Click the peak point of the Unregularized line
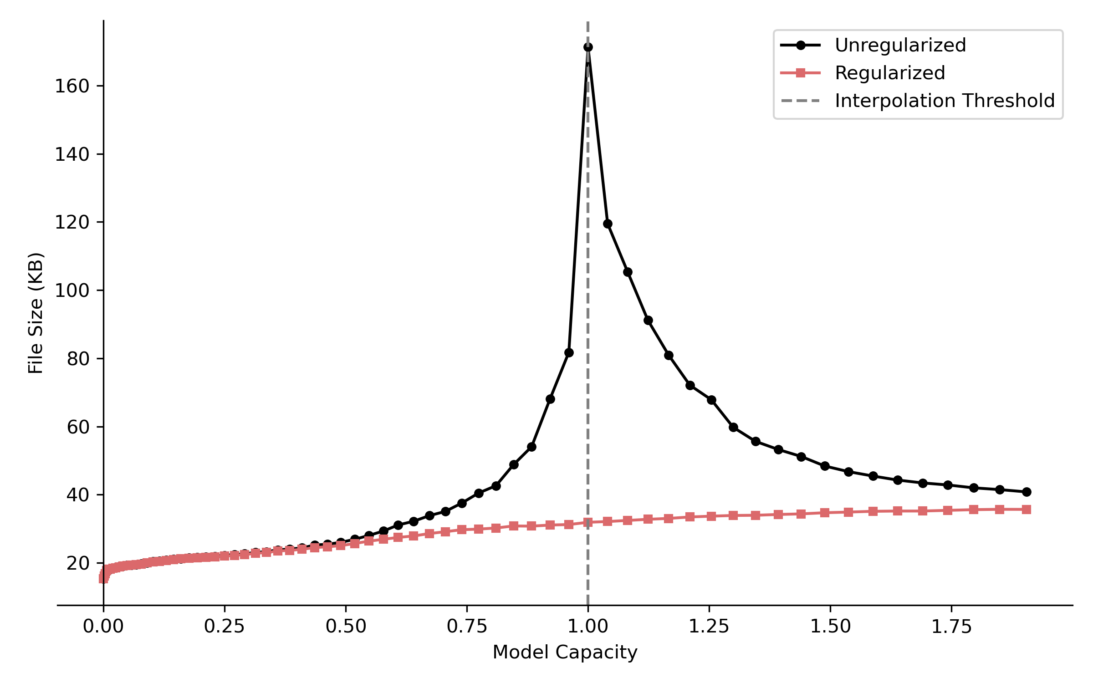click(588, 47)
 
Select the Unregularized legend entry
click(900, 45)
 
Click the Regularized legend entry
click(889, 73)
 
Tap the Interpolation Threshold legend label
click(944, 101)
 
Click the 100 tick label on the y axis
click(72, 291)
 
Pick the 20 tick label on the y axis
click(78, 563)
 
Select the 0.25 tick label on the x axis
click(224, 627)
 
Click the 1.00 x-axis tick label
click(587, 627)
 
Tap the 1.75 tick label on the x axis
click(951, 627)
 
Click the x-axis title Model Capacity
click(565, 652)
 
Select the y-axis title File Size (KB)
click(36, 313)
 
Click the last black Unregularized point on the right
click(1027, 492)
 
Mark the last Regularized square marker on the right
click(1027, 510)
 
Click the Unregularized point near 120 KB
click(608, 224)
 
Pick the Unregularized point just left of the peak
click(569, 352)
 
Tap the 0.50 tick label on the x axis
click(346, 627)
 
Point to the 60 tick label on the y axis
click(78, 427)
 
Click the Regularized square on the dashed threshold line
click(588, 523)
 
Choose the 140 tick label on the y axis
click(72, 154)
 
